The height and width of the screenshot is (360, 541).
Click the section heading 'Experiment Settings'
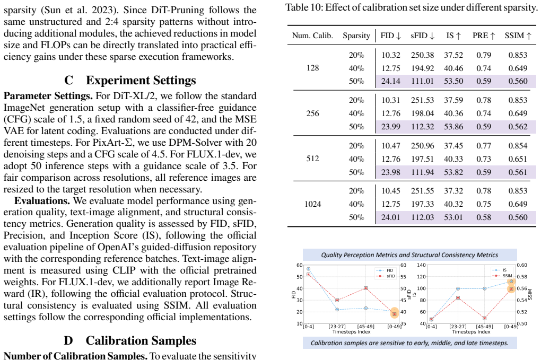tap(141, 81)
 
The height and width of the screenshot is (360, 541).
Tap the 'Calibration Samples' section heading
tap(141, 341)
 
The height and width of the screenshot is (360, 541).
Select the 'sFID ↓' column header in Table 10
tap(422, 36)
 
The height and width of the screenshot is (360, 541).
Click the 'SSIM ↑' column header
tap(518, 36)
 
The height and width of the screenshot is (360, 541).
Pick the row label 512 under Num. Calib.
tap(312, 159)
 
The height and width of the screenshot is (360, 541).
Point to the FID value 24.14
tap(390, 81)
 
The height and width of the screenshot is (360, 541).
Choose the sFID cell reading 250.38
tap(422, 55)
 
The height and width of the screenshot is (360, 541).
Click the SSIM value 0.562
tap(518, 127)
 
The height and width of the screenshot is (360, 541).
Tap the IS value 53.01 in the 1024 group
tap(453, 217)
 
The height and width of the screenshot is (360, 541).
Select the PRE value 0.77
tap(484, 145)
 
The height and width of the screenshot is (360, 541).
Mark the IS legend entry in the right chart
tap(500, 270)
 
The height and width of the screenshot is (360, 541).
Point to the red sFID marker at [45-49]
tap(366, 288)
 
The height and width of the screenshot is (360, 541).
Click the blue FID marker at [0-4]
tap(309, 269)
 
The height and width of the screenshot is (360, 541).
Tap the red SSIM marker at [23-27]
tap(458, 297)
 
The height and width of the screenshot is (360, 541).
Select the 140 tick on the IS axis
tap(421, 265)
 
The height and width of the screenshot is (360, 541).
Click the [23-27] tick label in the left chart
tap(337, 327)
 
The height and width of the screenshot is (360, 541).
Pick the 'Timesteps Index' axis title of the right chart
tap(471, 332)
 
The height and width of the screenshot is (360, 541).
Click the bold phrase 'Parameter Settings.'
tap(48, 96)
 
